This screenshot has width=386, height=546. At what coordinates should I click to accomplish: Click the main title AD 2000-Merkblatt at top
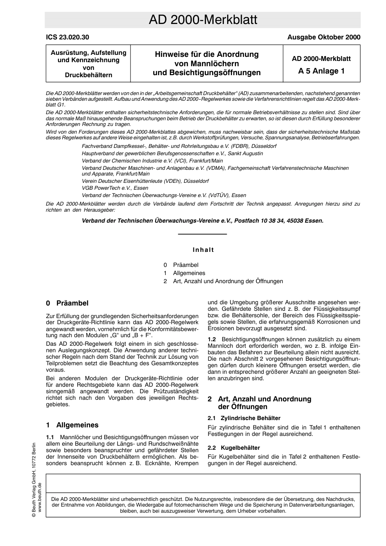coord(202,20)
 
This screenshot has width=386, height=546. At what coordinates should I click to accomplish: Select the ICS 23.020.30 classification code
coord(67,37)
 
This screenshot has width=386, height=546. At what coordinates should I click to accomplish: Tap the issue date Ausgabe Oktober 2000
coord(323,37)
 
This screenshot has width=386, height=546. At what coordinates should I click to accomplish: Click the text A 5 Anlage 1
coord(321,71)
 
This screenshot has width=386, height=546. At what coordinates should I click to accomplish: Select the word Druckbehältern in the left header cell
coord(88,75)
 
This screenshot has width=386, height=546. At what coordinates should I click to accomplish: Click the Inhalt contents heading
coord(203,250)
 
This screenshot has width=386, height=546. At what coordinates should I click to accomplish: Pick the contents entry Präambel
coord(186,265)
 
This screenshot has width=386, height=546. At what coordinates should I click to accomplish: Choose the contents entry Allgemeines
coord(189,273)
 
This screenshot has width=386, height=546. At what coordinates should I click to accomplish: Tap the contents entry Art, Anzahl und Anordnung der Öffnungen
coord(228,281)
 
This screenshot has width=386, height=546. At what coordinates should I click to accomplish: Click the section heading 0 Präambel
coord(67,303)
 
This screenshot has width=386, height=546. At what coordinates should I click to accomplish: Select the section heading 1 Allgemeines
coord(72,425)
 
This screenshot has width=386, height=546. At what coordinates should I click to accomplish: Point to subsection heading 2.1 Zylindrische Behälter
coord(244,418)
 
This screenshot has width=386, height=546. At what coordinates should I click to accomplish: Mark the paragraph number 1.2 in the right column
coord(212,339)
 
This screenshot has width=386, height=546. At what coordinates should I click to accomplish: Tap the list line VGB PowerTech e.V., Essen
coord(115,188)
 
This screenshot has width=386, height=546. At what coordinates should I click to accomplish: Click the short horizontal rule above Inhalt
coord(202,234)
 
